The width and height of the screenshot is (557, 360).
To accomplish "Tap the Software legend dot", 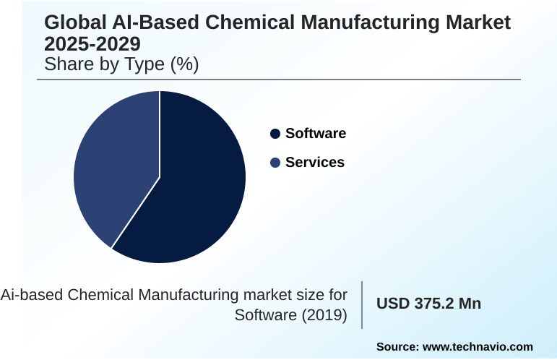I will (x=275, y=134).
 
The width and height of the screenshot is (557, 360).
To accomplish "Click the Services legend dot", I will (x=275, y=163).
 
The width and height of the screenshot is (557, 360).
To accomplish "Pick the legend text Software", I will (x=316, y=134).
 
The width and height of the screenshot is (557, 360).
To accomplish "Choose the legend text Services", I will (x=315, y=163).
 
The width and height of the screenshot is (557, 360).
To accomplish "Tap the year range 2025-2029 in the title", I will (x=92, y=44).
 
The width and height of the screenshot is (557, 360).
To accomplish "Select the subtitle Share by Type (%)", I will (x=121, y=64).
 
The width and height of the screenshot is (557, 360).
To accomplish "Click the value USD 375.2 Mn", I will (x=428, y=304).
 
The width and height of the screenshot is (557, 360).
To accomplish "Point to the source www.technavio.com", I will (x=478, y=347).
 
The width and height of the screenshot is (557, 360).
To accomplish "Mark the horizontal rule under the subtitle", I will (x=282, y=80).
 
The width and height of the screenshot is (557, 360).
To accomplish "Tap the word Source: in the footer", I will (x=397, y=347).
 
